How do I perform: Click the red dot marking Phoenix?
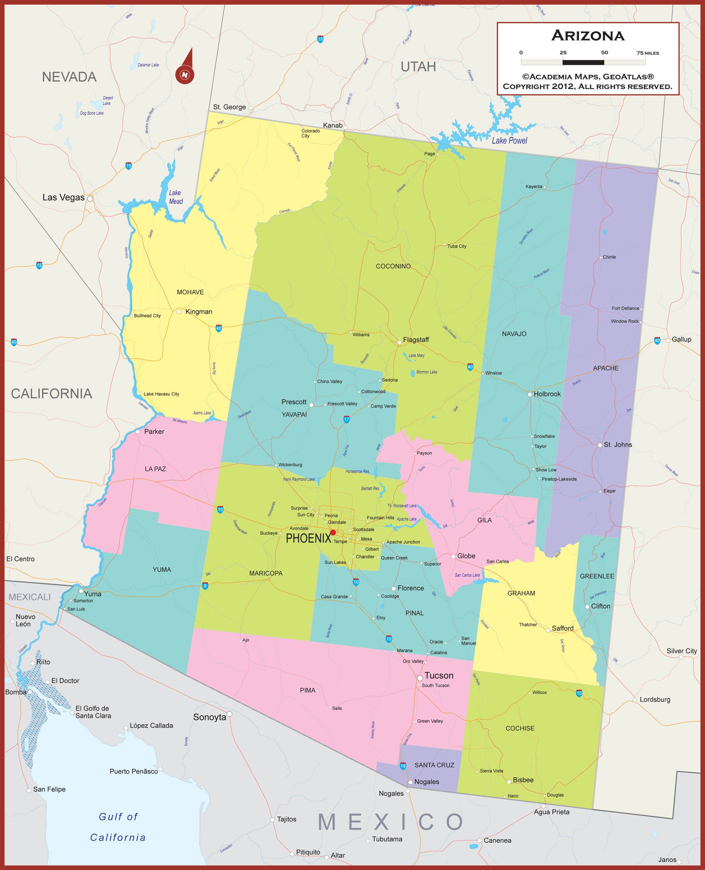point(333,532)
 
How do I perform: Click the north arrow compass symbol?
point(185,69)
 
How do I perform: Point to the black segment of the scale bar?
point(583,62)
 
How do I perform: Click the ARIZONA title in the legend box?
point(588,36)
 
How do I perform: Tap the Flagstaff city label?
point(415,340)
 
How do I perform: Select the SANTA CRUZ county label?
point(434,765)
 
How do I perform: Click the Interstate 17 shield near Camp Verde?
point(346,420)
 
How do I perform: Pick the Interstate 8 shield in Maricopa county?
point(205,586)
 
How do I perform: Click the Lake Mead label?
point(175,197)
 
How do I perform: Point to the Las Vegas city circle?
point(90,199)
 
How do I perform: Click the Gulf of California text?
point(118,827)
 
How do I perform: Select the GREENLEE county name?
point(596,576)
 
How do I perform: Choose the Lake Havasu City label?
point(161,394)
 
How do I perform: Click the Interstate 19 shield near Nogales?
point(403,766)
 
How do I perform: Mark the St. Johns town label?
point(617,445)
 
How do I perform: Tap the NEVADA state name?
point(69,77)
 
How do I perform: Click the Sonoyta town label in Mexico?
point(209,717)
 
